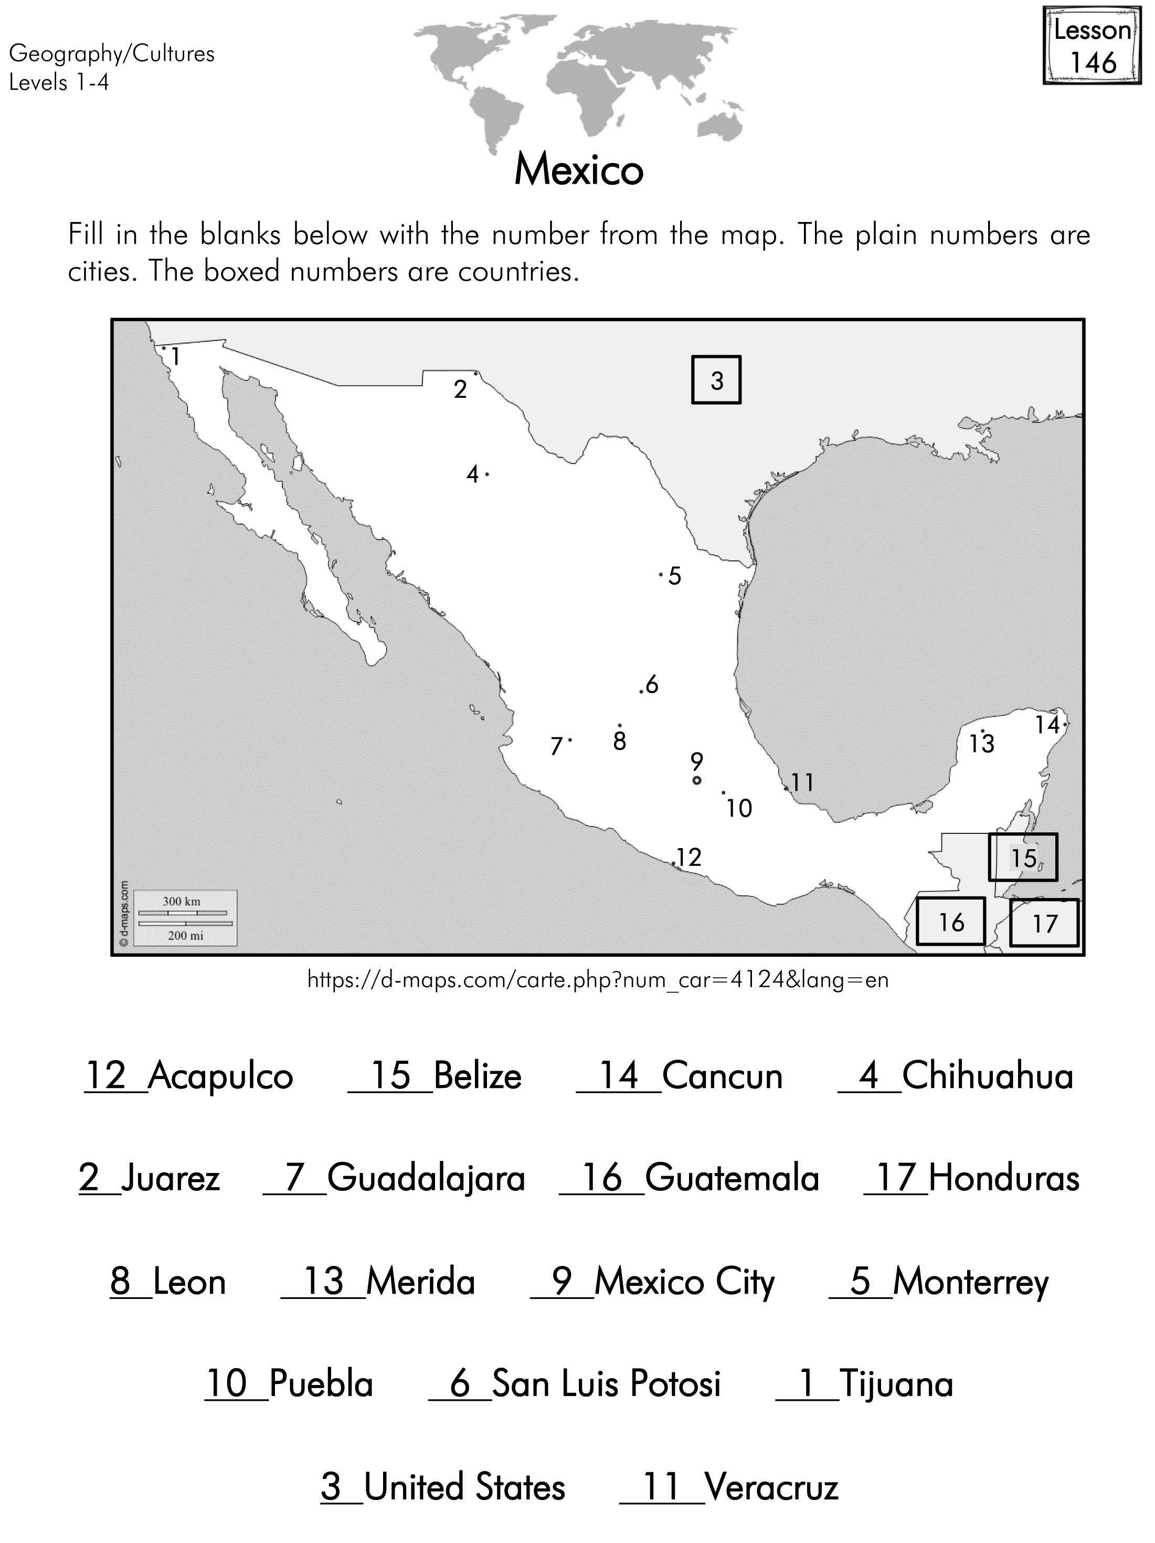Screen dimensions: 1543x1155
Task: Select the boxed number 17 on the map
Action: click(x=1044, y=924)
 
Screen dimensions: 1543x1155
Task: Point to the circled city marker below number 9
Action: click(x=696, y=780)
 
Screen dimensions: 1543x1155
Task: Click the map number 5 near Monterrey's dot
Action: click(x=674, y=576)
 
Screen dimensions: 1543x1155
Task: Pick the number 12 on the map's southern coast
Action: click(x=688, y=857)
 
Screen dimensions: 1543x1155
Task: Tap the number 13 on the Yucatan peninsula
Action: click(x=981, y=744)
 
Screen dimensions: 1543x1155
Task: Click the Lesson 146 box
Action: click(x=1092, y=47)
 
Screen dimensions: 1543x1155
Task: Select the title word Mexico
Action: click(x=578, y=170)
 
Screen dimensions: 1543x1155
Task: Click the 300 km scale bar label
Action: click(x=182, y=901)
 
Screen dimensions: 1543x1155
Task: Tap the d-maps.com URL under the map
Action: click(x=598, y=980)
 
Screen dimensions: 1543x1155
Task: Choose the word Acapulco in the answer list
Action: click(x=220, y=1075)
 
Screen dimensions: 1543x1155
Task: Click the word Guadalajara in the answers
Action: click(x=426, y=1179)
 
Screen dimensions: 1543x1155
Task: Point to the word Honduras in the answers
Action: click(x=1004, y=1179)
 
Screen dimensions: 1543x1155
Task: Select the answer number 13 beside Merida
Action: click(x=324, y=1282)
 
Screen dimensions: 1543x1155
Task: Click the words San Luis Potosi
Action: click(x=606, y=1384)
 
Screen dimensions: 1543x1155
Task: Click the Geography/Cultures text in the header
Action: click(x=112, y=54)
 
